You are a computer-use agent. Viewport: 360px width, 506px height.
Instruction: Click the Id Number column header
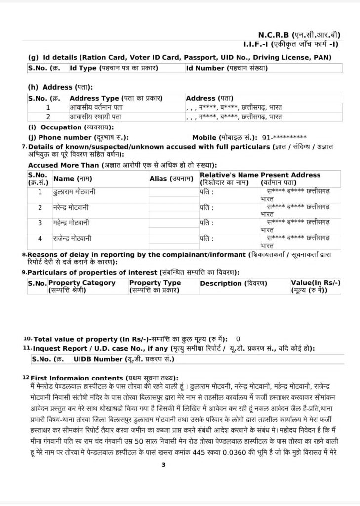pyautogui.click(x=227, y=68)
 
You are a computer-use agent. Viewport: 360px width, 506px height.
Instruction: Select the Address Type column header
pyautogui.click(x=116, y=98)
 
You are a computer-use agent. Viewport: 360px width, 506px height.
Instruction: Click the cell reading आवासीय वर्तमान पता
pyautogui.click(x=97, y=107)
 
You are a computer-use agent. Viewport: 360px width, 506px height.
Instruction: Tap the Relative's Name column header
pyautogui.click(x=229, y=178)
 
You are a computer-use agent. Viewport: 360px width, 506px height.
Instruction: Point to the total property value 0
pyautogui.click(x=238, y=339)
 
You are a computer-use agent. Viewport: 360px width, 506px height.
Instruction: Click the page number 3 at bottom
pyautogui.click(x=163, y=464)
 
